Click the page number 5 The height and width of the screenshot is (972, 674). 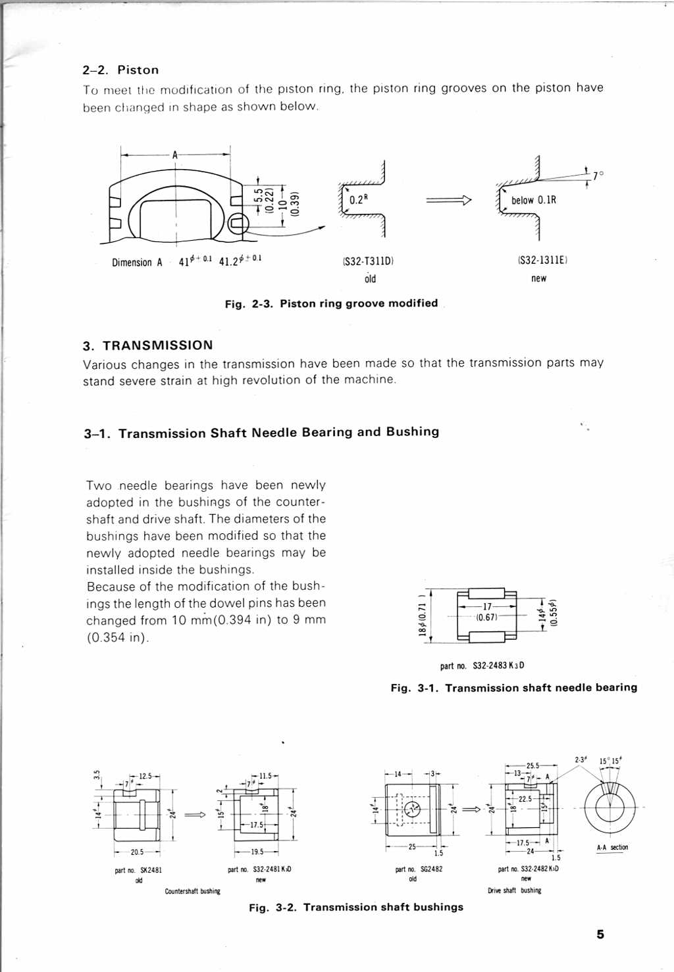click(x=600, y=935)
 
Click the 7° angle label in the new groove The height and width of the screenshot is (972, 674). click(x=597, y=176)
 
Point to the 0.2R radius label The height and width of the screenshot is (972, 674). click(x=358, y=200)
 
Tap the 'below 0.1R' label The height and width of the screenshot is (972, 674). click(x=533, y=200)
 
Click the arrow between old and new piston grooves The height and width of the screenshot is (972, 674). click(x=449, y=200)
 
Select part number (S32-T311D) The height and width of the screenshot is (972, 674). click(x=368, y=261)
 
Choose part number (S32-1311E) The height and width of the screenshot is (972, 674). click(x=542, y=260)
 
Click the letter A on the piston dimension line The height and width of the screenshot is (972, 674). click(x=175, y=155)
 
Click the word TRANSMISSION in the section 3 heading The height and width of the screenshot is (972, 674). click(x=158, y=345)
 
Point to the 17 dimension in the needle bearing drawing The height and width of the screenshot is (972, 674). click(x=487, y=606)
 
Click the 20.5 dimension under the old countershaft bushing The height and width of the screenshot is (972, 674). click(x=137, y=852)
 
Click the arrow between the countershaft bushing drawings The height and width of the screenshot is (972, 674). click(x=195, y=815)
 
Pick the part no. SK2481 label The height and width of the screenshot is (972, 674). click(x=138, y=870)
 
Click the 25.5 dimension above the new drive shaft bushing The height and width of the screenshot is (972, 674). click(x=532, y=765)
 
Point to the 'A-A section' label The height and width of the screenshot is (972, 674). click(x=612, y=847)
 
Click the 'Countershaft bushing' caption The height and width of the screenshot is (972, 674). click(x=192, y=891)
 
